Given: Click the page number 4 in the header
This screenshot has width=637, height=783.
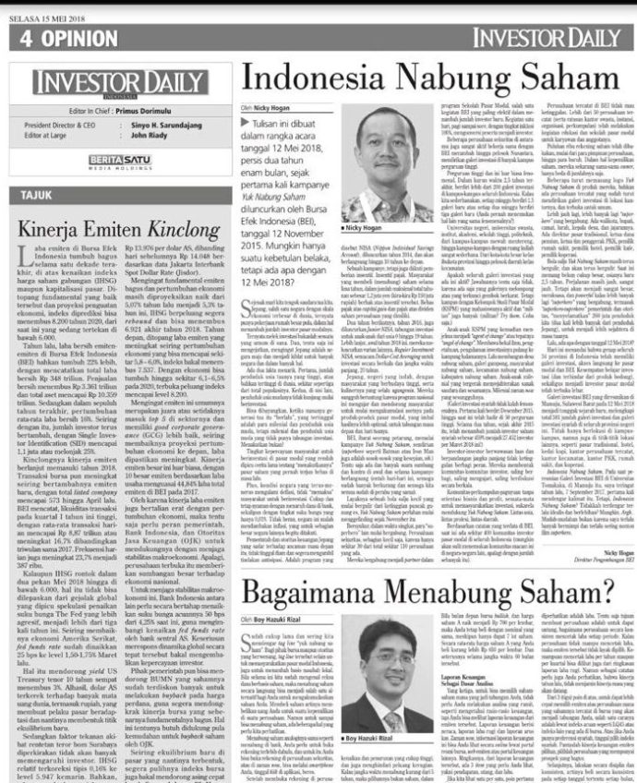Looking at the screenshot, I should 26,38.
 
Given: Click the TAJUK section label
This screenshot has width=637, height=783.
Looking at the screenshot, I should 39,196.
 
